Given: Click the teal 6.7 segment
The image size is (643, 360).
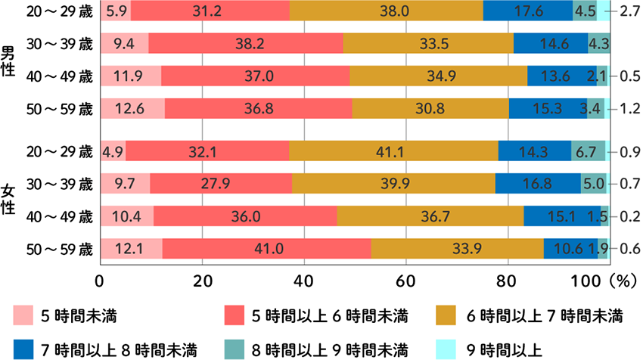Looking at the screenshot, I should [x=588, y=151].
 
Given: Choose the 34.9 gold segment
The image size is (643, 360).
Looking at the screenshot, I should [x=439, y=76].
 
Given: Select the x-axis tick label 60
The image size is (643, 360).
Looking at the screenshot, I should [x=405, y=280].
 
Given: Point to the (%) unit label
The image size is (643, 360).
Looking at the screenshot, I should [x=617, y=280].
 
